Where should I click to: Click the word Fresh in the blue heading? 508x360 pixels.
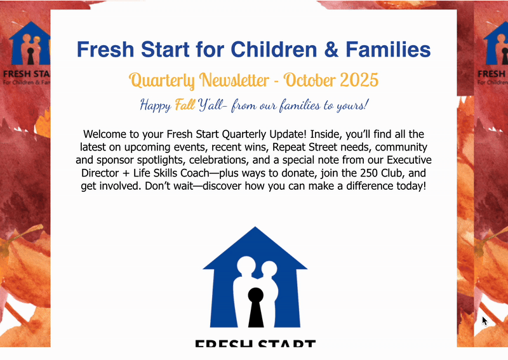[x=103, y=49]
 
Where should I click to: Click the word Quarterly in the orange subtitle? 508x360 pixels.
[x=162, y=81]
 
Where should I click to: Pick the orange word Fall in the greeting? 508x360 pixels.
[x=185, y=105]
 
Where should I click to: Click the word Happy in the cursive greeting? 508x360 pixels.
[x=155, y=105]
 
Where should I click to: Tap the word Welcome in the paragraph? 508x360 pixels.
[x=107, y=135]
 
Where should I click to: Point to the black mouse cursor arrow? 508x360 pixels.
[x=484, y=320]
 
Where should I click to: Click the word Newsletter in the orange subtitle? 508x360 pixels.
[x=234, y=81]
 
